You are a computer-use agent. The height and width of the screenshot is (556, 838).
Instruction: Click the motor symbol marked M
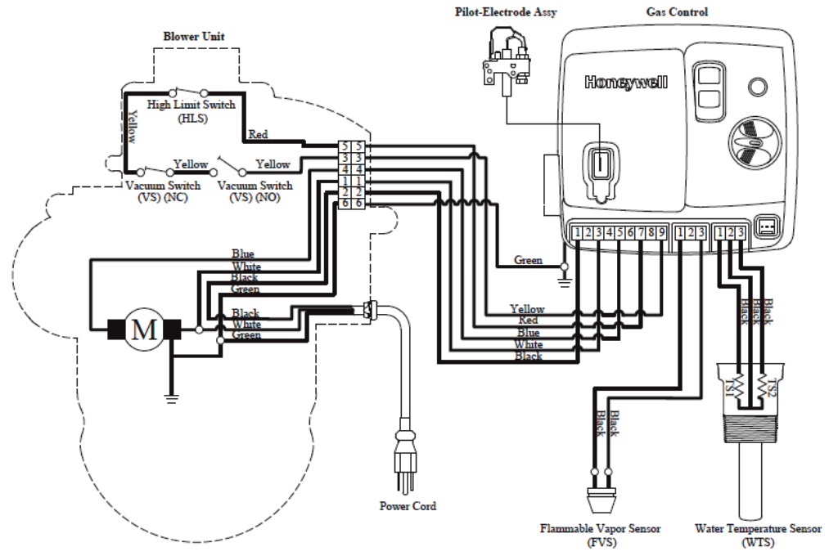point(144,330)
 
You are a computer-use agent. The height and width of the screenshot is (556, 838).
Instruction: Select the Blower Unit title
point(194,37)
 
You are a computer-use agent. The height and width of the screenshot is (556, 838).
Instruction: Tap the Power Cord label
point(408,506)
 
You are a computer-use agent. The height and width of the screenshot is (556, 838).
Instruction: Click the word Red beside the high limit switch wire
point(258,134)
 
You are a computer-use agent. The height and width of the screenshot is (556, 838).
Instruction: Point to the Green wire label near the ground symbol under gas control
point(528,260)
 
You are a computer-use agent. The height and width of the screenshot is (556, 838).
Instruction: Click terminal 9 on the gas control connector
point(661,233)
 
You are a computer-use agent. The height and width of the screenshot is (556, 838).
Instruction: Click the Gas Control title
point(677,12)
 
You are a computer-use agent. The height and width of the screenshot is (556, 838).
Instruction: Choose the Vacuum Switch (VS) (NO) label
point(255,192)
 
